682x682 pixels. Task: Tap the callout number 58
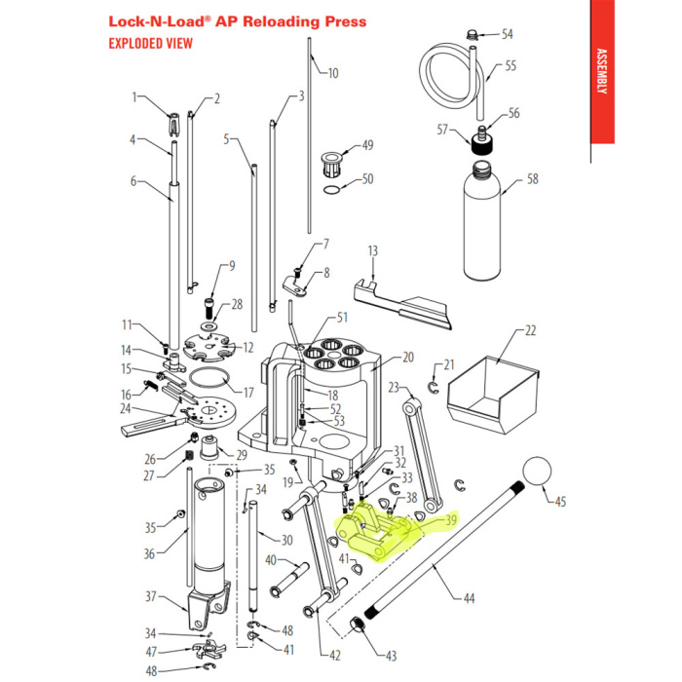click(x=532, y=179)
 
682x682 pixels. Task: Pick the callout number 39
click(x=450, y=520)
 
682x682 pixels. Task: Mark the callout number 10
click(x=332, y=72)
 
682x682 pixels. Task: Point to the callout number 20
click(x=408, y=357)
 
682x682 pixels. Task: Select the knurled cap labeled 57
click(x=478, y=145)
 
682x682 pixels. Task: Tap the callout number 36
click(x=149, y=554)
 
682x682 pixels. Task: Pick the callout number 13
click(x=372, y=251)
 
